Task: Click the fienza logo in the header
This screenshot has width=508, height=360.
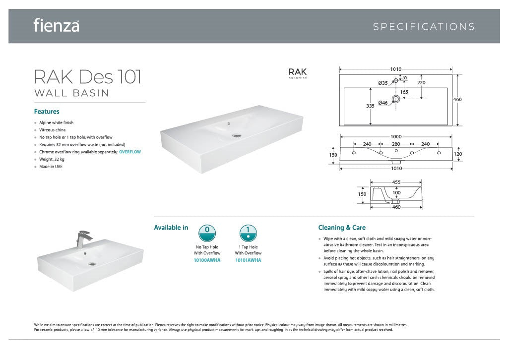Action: tap(56, 25)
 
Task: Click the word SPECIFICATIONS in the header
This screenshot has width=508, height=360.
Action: tap(424, 27)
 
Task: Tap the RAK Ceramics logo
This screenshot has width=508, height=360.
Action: tap(298, 73)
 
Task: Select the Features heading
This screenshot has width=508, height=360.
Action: tap(47, 112)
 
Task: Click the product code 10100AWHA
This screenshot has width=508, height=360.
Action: tap(207, 260)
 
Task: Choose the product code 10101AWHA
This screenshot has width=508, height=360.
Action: tap(248, 260)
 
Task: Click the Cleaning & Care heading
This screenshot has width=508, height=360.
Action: tap(342, 228)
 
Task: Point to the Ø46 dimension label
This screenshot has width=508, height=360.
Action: tap(383, 103)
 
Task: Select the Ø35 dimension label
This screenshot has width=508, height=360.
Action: tap(382, 83)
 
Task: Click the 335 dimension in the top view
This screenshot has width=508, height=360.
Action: tap(370, 106)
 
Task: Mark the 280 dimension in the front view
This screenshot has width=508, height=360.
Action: tap(396, 144)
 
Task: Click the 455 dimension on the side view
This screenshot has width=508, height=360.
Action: tap(396, 182)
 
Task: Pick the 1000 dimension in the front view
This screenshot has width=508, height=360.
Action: tap(396, 136)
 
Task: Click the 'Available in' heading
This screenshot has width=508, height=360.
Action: tap(171, 228)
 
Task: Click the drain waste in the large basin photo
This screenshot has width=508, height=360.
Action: tap(237, 134)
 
